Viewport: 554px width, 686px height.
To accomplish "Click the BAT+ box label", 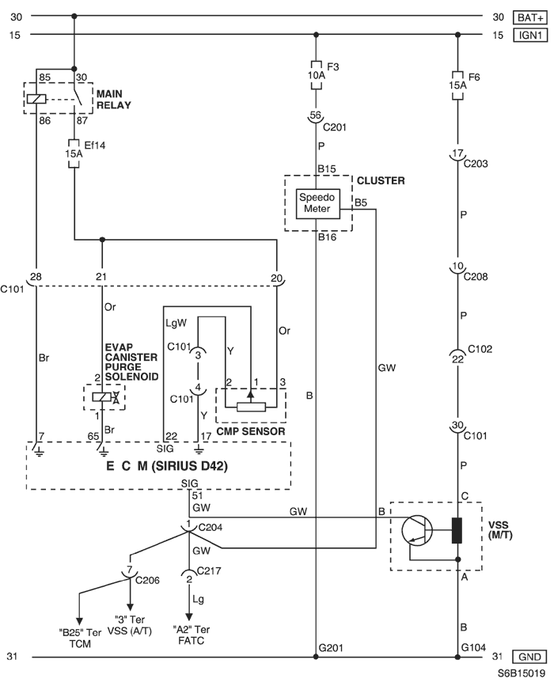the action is click(x=530, y=17).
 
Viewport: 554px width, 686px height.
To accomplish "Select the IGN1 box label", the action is click(x=530, y=35).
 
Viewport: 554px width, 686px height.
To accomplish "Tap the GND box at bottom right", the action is click(x=529, y=657).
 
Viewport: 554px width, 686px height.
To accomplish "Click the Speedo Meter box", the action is click(x=317, y=203).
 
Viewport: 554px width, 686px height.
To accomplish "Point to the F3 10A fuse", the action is click(x=316, y=75).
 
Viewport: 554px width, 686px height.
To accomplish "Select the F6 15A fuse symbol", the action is click(x=457, y=85).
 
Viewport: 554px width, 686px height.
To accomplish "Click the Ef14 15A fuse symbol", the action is click(x=74, y=153).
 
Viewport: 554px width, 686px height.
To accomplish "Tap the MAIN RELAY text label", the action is click(x=113, y=100).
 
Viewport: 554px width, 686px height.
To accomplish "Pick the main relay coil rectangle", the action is click(x=36, y=99).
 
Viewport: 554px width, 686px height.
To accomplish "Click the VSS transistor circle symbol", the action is click(x=416, y=530).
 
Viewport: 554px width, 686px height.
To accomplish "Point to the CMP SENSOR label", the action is click(x=251, y=431).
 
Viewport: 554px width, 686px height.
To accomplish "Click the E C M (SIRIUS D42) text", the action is click(x=167, y=466).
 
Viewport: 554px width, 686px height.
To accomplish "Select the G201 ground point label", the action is click(x=331, y=648).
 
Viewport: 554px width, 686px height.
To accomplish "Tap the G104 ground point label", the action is click(x=473, y=647).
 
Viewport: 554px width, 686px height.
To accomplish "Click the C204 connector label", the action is click(x=210, y=528).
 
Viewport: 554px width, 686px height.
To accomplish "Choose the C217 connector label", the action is click(x=209, y=570).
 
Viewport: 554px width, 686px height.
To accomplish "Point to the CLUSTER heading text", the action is click(x=381, y=180).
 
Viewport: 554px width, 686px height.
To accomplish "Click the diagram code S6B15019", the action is click(x=521, y=674).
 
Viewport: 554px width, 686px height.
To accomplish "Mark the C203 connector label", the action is click(x=476, y=164).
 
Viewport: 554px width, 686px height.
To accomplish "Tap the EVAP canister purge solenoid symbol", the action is click(x=104, y=397).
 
